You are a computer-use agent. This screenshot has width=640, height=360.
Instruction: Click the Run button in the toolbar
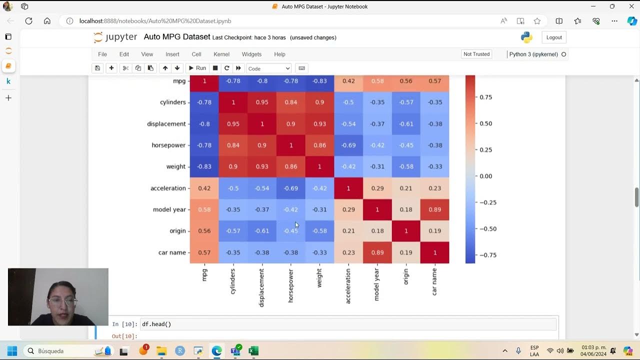tap(196, 68)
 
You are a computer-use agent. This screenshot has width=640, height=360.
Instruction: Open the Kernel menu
tap(221, 54)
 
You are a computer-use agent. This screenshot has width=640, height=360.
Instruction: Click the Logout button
tap(554, 37)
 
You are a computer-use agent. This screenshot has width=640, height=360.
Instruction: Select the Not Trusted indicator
tap(476, 54)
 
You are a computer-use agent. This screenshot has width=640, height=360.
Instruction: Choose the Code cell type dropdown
tap(268, 68)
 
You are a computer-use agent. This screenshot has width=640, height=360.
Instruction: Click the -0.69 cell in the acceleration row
tap(291, 188)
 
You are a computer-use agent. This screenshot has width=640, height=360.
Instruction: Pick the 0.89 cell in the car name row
tap(377, 252)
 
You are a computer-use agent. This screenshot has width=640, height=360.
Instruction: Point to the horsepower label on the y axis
tap(168, 145)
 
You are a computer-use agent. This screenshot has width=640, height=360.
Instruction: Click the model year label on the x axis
tap(377, 284)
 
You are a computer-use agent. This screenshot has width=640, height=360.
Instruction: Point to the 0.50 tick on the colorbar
tap(485, 123)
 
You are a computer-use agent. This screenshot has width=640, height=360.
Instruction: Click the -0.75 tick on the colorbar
tap(487, 255)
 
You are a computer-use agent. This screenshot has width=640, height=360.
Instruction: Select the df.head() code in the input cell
tap(156, 324)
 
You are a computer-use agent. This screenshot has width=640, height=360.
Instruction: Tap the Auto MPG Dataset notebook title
tap(177, 37)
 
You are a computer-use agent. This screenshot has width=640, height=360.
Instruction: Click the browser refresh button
tap(29, 21)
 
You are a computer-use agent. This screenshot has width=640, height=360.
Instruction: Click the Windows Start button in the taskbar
tap(12, 351)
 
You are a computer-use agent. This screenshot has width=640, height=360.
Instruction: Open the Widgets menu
tap(251, 54)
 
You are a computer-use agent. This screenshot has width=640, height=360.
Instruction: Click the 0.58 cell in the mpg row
tap(377, 81)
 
